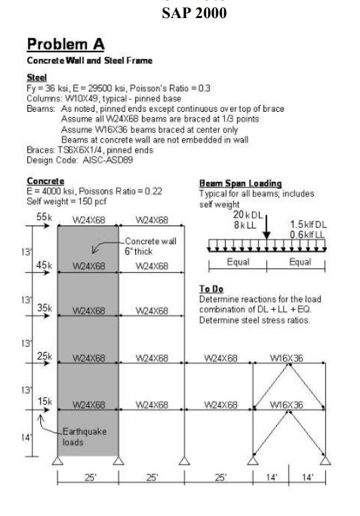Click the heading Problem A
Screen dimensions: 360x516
pos(65,45)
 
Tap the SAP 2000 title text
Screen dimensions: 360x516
pos(193,13)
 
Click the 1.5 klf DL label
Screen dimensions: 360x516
pos(308,225)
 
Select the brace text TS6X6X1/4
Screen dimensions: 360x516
pos(70,151)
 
